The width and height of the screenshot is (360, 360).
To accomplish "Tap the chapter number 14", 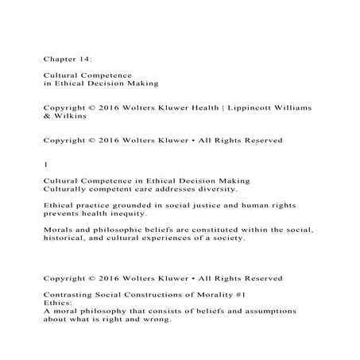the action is pos(86,56).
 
